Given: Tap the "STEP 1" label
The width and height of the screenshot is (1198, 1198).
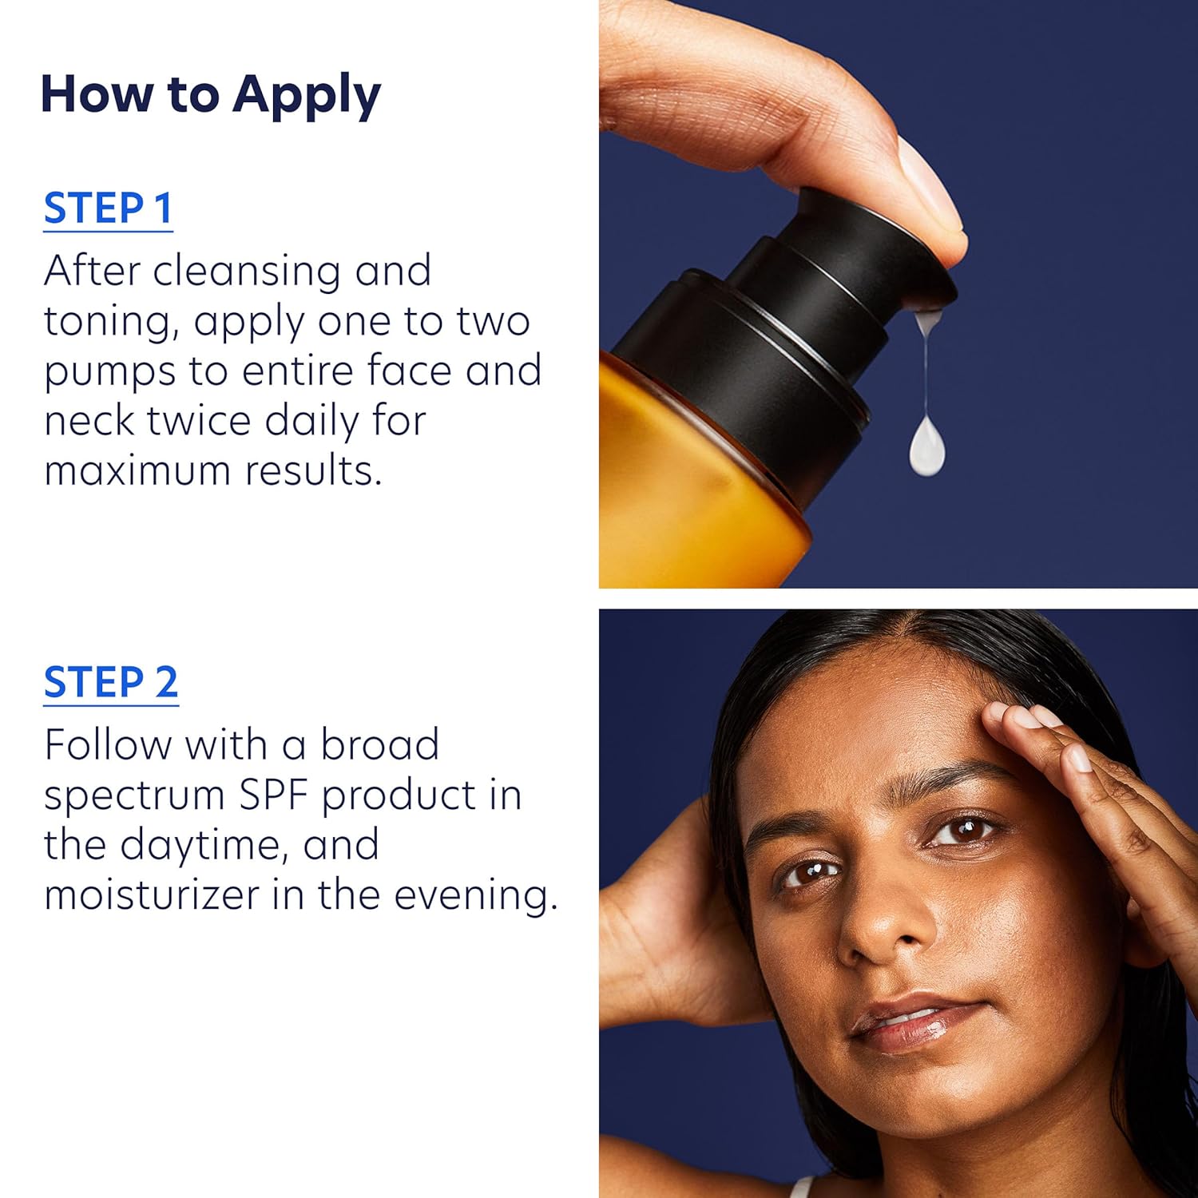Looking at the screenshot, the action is point(109,208).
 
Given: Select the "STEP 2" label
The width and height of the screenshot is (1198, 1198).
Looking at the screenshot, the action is point(111,682).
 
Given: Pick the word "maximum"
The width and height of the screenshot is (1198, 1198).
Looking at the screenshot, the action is point(137,471).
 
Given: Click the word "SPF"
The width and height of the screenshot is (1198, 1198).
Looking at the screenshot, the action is point(285,795).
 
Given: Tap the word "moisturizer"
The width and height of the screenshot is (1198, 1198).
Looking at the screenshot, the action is point(152,895).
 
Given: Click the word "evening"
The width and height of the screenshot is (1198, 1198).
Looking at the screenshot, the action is point(476,896).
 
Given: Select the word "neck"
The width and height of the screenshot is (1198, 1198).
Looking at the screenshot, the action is point(88,421).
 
